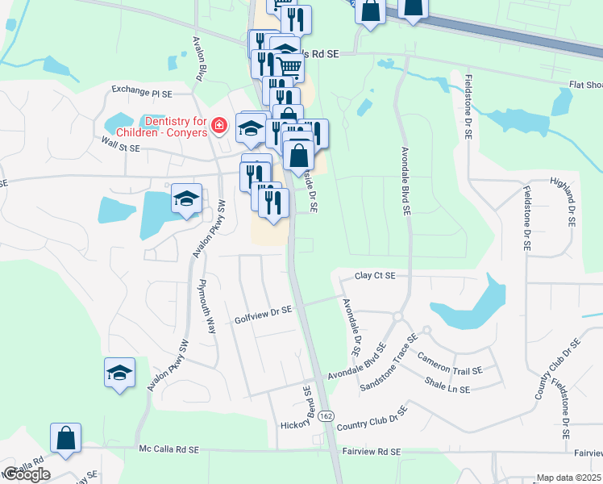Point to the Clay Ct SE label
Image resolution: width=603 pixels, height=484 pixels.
point(375,276)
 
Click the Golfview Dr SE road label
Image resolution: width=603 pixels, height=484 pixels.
point(263,310)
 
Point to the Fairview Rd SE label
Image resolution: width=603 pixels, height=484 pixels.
point(372,453)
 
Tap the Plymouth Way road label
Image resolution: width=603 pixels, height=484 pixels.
point(208,307)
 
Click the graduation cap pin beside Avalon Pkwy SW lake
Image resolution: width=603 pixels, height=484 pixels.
point(186,199)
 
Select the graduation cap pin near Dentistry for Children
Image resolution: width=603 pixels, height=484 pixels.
point(251,127)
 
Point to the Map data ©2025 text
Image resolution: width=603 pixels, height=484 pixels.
point(569,478)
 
